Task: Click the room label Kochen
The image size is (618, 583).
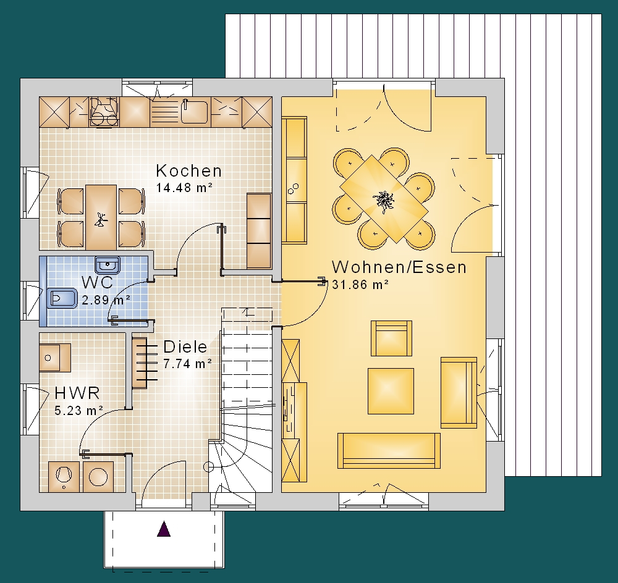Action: click(x=188, y=170)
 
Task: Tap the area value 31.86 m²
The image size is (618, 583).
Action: click(x=360, y=285)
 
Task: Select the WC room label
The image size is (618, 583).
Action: click(x=98, y=282)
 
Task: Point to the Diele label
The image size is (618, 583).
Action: click(x=185, y=346)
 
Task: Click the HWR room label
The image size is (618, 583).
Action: click(x=77, y=393)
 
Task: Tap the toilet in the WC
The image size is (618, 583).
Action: click(x=62, y=298)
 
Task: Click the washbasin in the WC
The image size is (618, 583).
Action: click(x=108, y=265)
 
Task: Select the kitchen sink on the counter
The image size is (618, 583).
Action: click(x=194, y=112)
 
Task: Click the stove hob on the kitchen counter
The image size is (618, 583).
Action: click(x=104, y=112)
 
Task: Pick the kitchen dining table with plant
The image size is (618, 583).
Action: click(x=101, y=217)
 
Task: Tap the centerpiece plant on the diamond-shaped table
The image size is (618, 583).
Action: click(x=384, y=201)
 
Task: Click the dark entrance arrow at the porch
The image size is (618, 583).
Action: click(x=164, y=529)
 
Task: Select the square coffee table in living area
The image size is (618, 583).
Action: click(x=391, y=391)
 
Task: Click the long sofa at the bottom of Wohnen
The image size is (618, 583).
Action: click(x=389, y=451)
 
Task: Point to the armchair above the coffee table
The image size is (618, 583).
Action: click(x=391, y=338)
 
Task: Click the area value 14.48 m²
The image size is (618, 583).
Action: click(x=184, y=188)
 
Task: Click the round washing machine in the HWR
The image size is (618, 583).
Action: click(x=98, y=477)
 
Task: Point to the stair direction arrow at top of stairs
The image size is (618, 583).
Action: click(x=248, y=312)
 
